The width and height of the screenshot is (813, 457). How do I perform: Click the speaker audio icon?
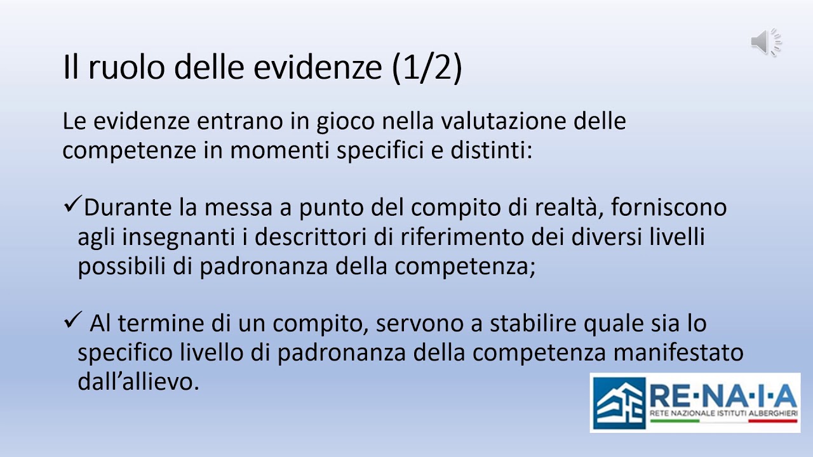click(x=766, y=42)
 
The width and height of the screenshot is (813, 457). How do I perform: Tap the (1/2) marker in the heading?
click(x=427, y=69)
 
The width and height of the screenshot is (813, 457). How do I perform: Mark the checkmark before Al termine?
click(x=71, y=322)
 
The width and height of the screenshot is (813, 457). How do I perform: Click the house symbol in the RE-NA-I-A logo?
click(x=618, y=402)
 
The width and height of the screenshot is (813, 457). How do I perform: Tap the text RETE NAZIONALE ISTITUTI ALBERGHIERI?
click(x=723, y=413)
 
